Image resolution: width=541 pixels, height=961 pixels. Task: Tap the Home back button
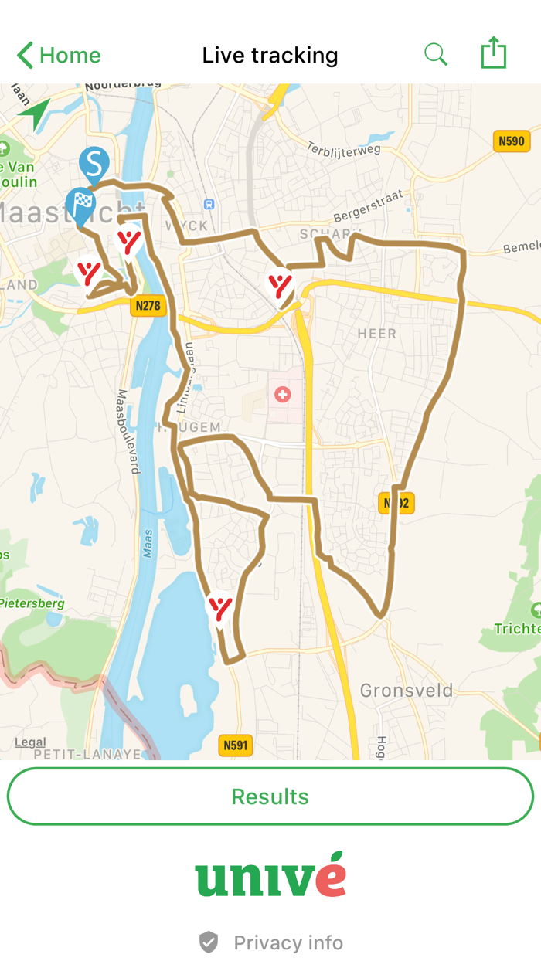[59, 56]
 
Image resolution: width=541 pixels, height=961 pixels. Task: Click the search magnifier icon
[436, 55]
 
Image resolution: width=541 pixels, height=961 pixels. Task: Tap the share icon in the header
[493, 54]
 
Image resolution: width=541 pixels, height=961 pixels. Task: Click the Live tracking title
[270, 56]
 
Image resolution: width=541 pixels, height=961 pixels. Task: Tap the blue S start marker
[94, 164]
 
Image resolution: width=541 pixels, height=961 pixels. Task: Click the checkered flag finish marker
[80, 204]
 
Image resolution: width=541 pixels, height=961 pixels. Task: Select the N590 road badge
[511, 141]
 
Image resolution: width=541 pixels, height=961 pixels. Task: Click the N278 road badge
[148, 305]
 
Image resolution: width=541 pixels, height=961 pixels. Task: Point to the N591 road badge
[236, 745]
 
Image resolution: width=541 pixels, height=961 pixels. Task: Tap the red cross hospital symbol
[283, 395]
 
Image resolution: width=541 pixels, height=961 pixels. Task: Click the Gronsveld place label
[407, 690]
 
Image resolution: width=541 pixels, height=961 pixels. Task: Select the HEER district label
[376, 334]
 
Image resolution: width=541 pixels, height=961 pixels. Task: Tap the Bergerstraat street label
[369, 206]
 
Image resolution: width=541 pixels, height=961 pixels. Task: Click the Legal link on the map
[30, 742]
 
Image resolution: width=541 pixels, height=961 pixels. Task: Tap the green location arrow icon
[34, 114]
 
